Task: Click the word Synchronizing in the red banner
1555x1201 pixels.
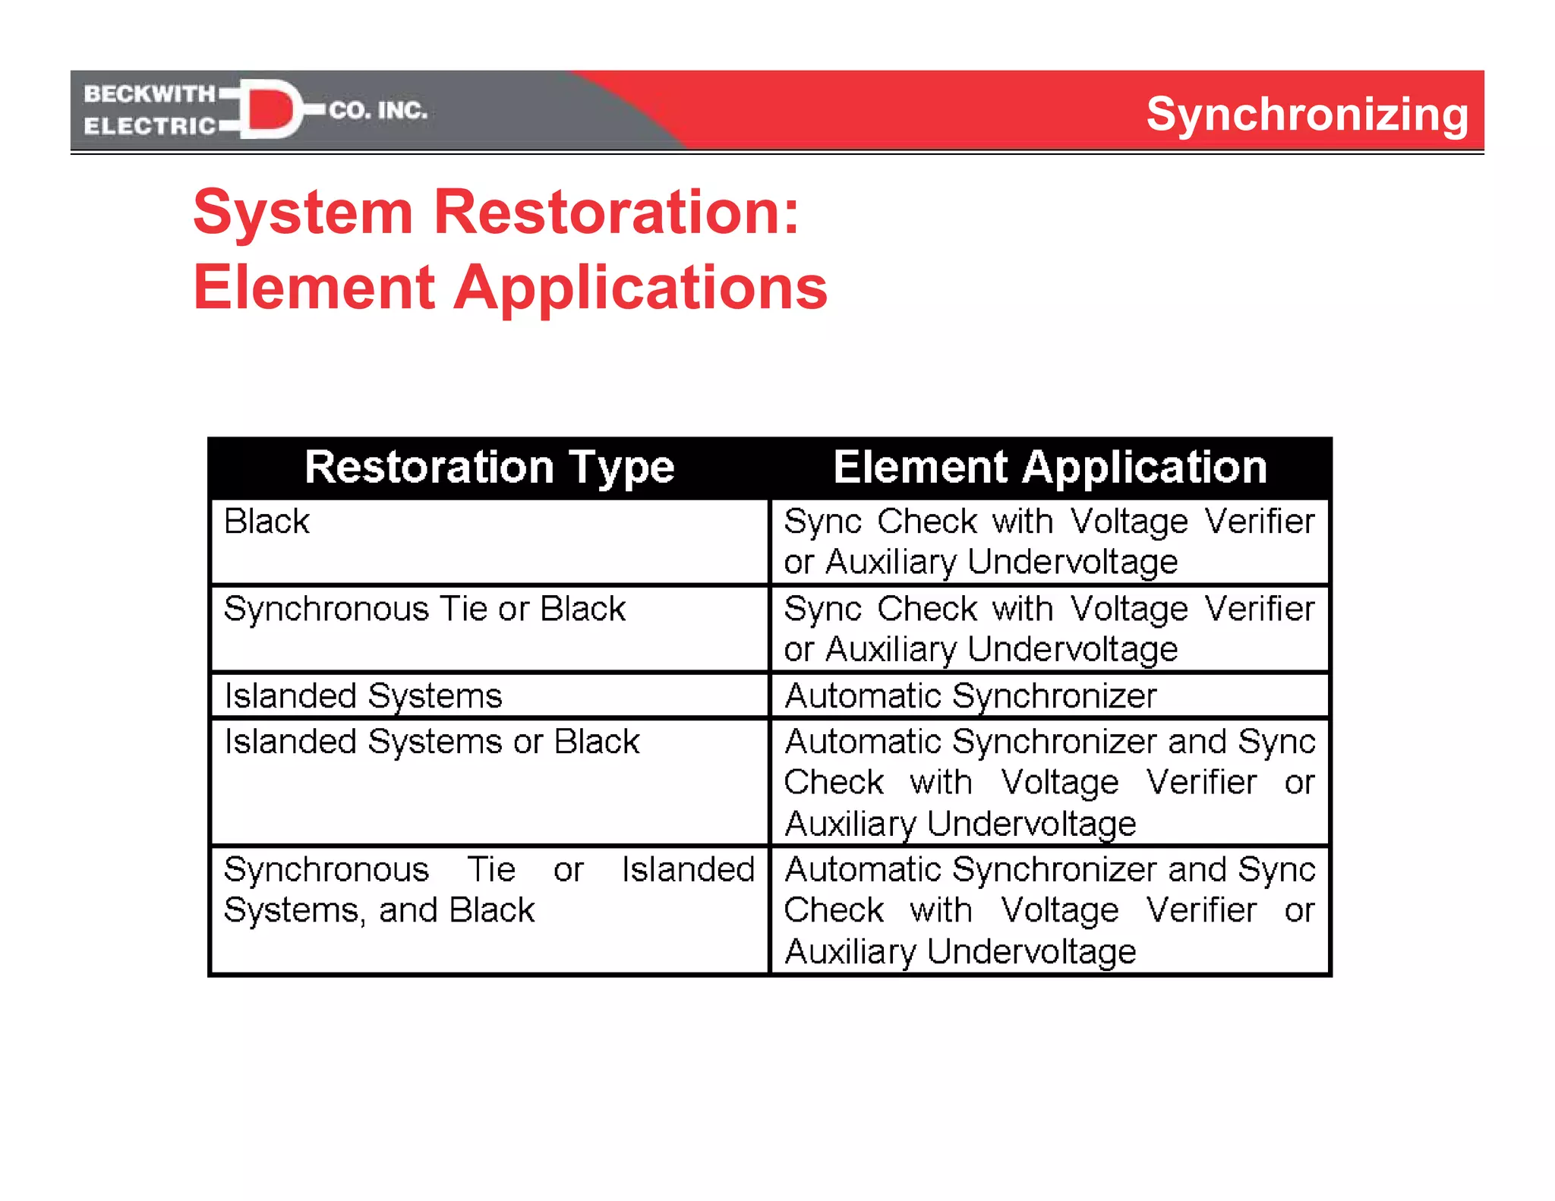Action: click(1307, 115)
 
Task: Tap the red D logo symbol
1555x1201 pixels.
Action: click(271, 109)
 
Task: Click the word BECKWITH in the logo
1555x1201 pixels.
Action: click(150, 93)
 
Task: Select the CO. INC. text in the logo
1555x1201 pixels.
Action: click(378, 111)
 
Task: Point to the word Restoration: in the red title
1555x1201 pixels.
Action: click(616, 212)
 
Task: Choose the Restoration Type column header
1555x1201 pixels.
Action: click(489, 466)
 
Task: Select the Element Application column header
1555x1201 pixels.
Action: click(1050, 466)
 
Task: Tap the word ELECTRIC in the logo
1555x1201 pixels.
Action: click(150, 126)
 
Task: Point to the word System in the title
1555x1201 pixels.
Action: click(303, 212)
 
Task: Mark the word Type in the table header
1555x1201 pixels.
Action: click(622, 468)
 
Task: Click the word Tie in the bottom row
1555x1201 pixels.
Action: click(491, 869)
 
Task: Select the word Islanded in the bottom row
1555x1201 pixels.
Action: click(687, 869)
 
